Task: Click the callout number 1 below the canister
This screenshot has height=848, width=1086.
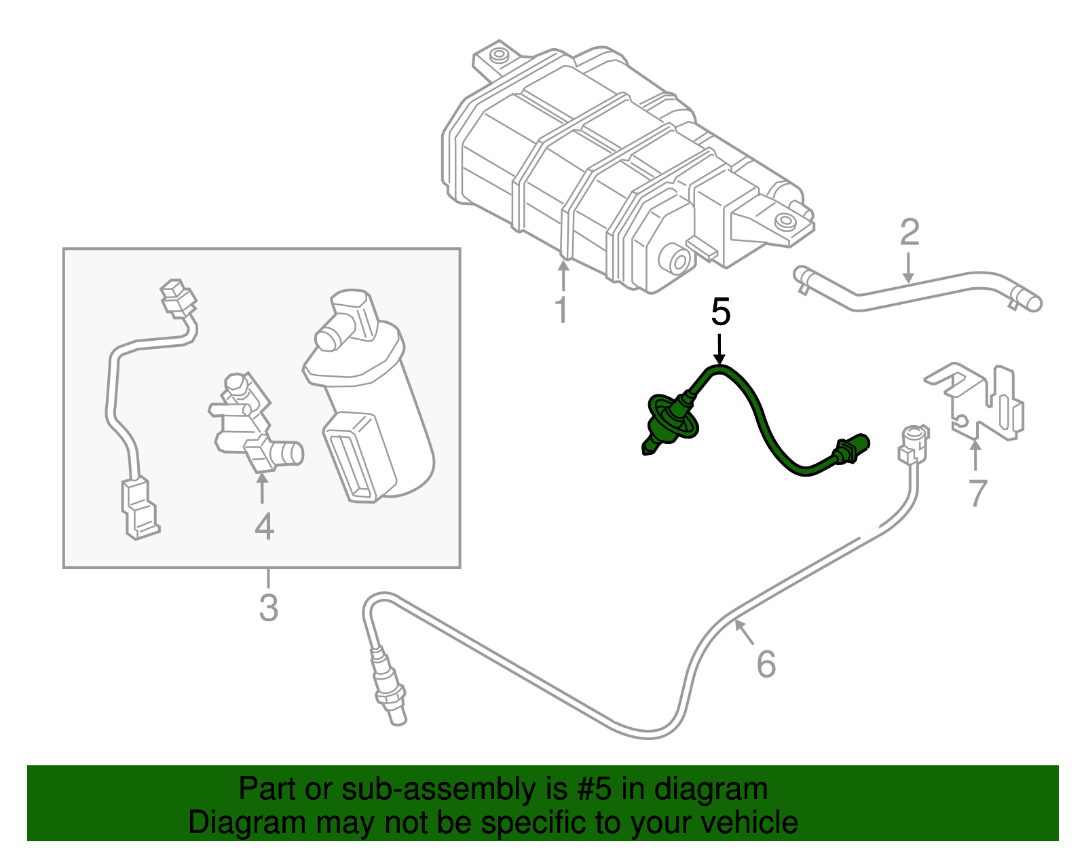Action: (561, 310)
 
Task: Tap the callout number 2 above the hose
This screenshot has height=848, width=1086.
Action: (909, 233)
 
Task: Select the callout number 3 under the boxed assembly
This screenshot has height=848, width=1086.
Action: (269, 607)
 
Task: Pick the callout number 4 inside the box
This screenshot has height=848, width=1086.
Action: (263, 526)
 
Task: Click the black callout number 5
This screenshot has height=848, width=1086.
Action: (720, 313)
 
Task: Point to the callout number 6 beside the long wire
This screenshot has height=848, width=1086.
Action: (766, 664)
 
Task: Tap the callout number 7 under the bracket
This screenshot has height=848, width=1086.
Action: (976, 494)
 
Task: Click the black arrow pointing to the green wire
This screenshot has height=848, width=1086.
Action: (719, 350)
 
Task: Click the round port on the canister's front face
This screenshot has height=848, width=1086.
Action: (676, 260)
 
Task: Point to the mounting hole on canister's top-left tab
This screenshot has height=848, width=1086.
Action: (500, 54)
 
